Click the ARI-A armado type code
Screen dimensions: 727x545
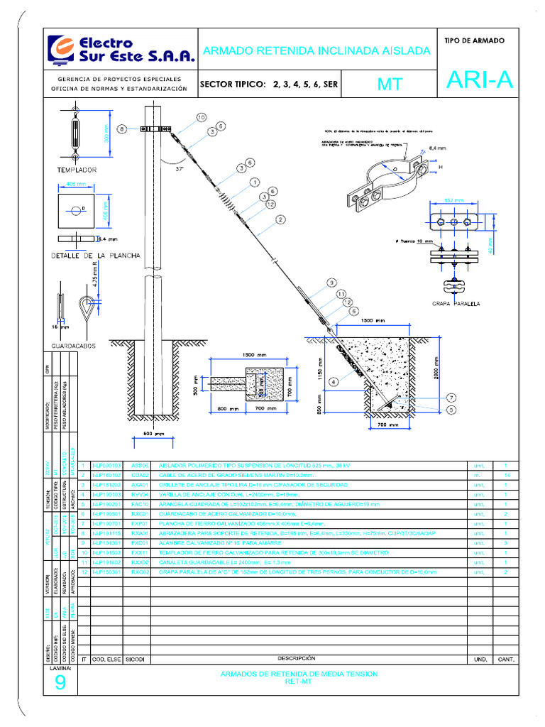pos(479,82)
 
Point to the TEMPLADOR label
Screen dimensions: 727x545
pos(77,170)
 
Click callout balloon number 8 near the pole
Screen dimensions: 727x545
pos(122,129)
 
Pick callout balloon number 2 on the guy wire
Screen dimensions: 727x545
pos(281,220)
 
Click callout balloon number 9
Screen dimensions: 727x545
pos(331,283)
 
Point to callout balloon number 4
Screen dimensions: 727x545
pos(334,381)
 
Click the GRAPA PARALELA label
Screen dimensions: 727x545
pos(456,303)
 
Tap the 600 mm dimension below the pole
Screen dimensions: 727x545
pos(154,434)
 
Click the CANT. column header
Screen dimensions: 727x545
pos(506,660)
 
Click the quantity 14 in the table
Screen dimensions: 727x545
pos(506,474)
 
